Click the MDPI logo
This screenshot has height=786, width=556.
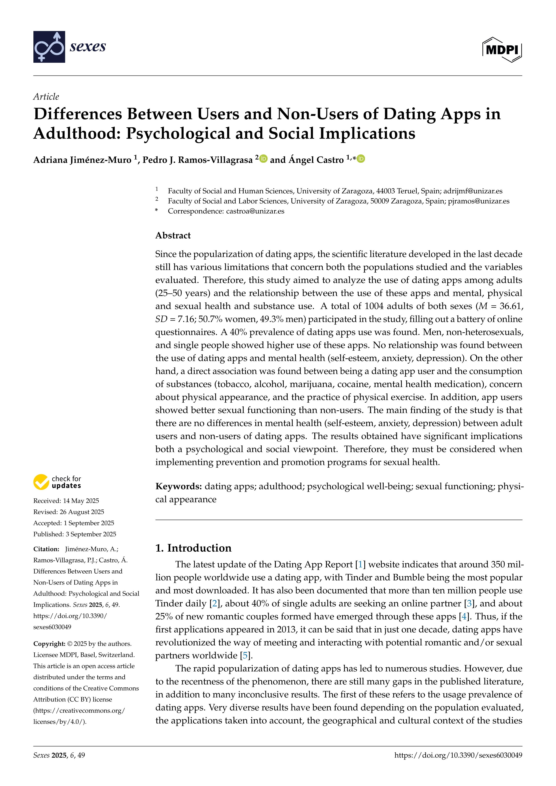(502, 50)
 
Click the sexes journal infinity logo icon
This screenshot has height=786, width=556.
(49, 47)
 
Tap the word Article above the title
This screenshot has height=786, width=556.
(46, 97)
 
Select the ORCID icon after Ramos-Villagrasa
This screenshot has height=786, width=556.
(263, 159)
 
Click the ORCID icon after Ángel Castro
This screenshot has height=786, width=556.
(361, 159)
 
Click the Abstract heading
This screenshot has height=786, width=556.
(173, 236)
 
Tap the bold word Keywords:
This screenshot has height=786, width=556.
(178, 486)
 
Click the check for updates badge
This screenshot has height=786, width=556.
(57, 482)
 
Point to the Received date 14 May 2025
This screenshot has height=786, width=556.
(81, 501)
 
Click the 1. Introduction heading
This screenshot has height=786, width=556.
(193, 548)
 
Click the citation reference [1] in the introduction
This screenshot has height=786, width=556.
(360, 565)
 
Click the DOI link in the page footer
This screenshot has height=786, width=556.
(458, 755)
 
